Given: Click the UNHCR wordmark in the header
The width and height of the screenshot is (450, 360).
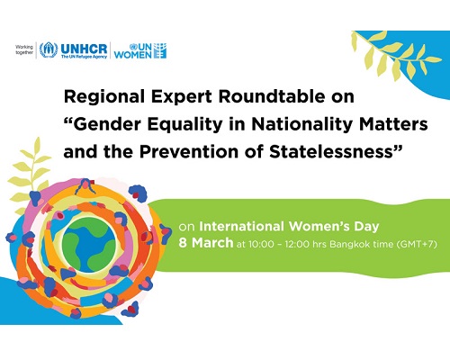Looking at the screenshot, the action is pyautogui.click(x=84, y=49).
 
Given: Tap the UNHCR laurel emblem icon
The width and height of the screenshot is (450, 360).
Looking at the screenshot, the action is pyautogui.click(x=49, y=50).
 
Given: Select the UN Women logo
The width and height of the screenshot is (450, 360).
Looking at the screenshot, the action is pyautogui.click(x=140, y=50).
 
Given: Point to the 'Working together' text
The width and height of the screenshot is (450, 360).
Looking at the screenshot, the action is pyautogui.click(x=24, y=49).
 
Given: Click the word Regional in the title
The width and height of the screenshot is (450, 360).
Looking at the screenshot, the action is pyautogui.click(x=104, y=97).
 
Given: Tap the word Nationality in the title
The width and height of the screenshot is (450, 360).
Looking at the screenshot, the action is pyautogui.click(x=301, y=124).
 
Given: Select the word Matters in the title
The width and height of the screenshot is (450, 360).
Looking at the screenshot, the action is pyautogui.click(x=393, y=124).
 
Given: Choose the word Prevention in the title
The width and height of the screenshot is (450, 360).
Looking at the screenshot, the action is pyautogui.click(x=189, y=151).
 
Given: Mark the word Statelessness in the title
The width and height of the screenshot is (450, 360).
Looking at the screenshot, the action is pyautogui.click(x=331, y=151).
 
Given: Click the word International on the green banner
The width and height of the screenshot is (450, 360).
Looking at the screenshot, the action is pyautogui.click(x=242, y=226).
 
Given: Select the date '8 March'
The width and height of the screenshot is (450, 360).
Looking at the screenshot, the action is pyautogui.click(x=206, y=243).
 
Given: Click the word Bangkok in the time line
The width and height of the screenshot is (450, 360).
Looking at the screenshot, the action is pyautogui.click(x=349, y=244).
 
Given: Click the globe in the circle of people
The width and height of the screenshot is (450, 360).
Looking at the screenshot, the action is pyautogui.click(x=89, y=244).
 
